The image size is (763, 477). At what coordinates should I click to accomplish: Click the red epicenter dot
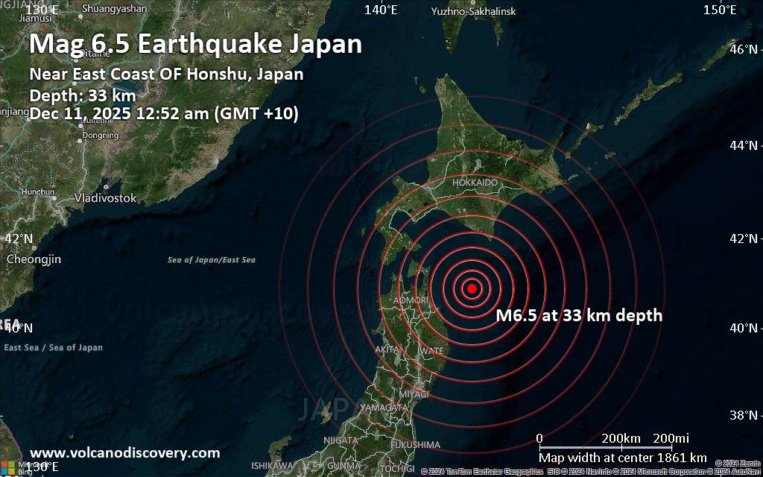[472, 288]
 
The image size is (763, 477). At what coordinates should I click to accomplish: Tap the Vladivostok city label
[105, 198]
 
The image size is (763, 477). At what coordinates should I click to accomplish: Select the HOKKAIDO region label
[475, 183]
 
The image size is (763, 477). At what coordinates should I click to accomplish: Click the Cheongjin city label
[34, 259]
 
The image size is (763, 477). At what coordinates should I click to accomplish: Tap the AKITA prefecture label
[388, 349]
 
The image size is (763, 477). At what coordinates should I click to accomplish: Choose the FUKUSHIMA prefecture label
[414, 445]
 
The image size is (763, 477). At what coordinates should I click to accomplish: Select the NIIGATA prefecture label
[341, 440]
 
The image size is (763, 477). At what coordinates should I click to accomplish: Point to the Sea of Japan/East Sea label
[212, 260]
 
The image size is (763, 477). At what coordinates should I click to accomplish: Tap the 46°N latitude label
[747, 50]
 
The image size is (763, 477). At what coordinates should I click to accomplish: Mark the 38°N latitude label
[747, 415]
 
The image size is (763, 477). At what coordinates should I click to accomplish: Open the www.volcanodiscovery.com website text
[125, 453]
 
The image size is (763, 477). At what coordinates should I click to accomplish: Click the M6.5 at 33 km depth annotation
[579, 316]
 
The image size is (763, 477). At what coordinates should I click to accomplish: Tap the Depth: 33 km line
[83, 95]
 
